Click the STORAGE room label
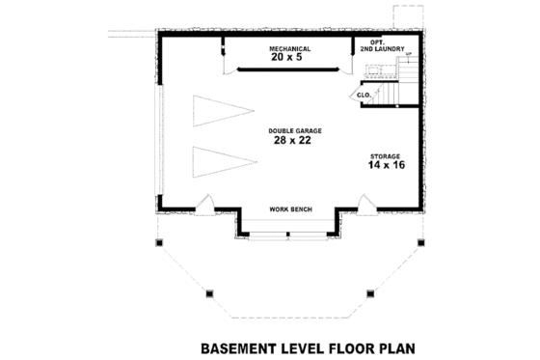click(385, 155)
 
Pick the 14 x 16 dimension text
click(385, 166)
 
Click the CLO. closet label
click(364, 96)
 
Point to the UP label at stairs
click(408, 54)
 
